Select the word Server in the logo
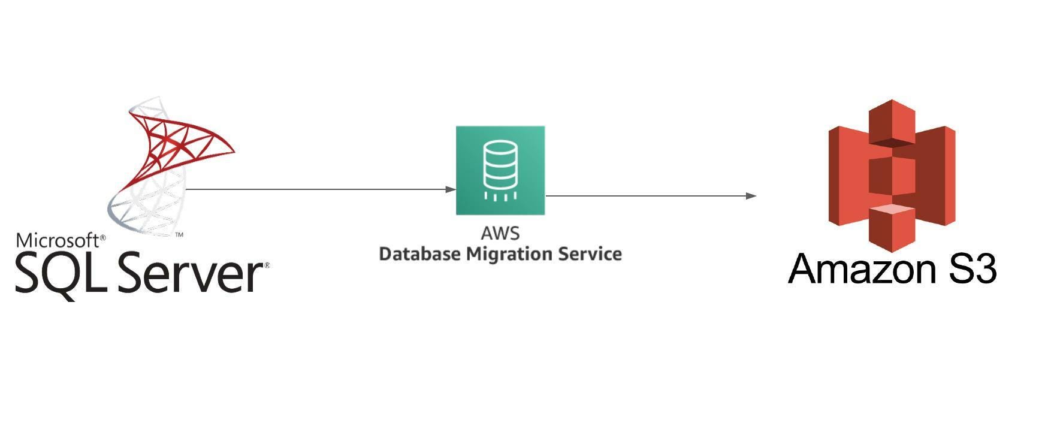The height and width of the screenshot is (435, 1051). (191, 275)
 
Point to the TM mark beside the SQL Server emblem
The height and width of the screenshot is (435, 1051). (179, 235)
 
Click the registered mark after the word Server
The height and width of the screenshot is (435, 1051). (267, 265)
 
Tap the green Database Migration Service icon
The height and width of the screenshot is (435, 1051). (500, 170)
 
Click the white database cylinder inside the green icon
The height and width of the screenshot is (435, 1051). (500, 165)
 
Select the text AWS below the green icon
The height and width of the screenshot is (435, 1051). (500, 233)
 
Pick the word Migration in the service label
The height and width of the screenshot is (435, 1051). (510, 254)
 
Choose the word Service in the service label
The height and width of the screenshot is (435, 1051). (590, 254)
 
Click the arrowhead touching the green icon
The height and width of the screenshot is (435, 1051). (451, 189)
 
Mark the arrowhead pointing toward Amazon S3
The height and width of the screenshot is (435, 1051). (751, 196)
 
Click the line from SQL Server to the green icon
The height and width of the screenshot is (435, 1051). (318, 189)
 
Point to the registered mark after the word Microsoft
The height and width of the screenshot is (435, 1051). (102, 237)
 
